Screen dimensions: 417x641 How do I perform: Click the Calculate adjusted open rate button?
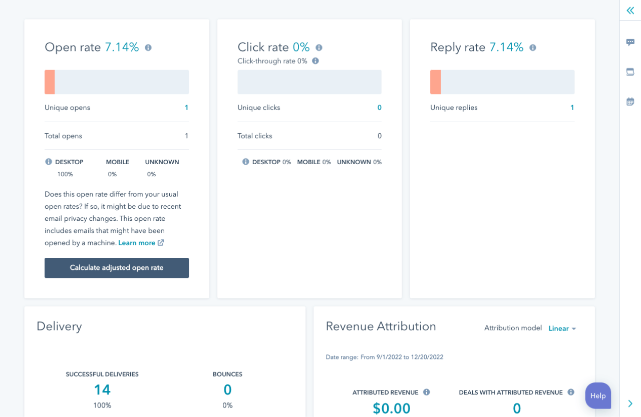(117, 268)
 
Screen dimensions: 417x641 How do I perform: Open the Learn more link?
(137, 243)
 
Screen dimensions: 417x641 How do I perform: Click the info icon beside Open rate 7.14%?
(148, 48)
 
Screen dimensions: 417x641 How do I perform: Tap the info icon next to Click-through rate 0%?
(315, 61)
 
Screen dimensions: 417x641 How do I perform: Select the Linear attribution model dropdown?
(562, 328)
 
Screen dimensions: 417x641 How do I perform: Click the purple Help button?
(598, 395)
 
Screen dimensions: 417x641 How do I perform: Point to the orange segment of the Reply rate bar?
(435, 82)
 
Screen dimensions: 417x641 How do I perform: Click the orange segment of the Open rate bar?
(50, 82)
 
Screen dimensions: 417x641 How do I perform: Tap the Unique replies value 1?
(572, 108)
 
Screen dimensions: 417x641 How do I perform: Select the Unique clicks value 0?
(379, 108)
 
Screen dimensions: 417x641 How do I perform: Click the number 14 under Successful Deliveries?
(102, 390)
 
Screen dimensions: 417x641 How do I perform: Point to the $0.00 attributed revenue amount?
(392, 408)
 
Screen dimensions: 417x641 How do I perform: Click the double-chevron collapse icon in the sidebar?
(630, 11)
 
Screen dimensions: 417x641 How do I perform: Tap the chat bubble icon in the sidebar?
(630, 43)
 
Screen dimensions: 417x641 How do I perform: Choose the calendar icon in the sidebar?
(630, 102)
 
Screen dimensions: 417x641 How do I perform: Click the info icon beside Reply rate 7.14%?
(533, 48)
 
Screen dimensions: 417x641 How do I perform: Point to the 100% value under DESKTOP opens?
(65, 174)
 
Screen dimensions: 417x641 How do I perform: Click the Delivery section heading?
(59, 326)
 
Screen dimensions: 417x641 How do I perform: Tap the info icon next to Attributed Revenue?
(427, 392)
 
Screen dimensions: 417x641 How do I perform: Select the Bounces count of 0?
(227, 390)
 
